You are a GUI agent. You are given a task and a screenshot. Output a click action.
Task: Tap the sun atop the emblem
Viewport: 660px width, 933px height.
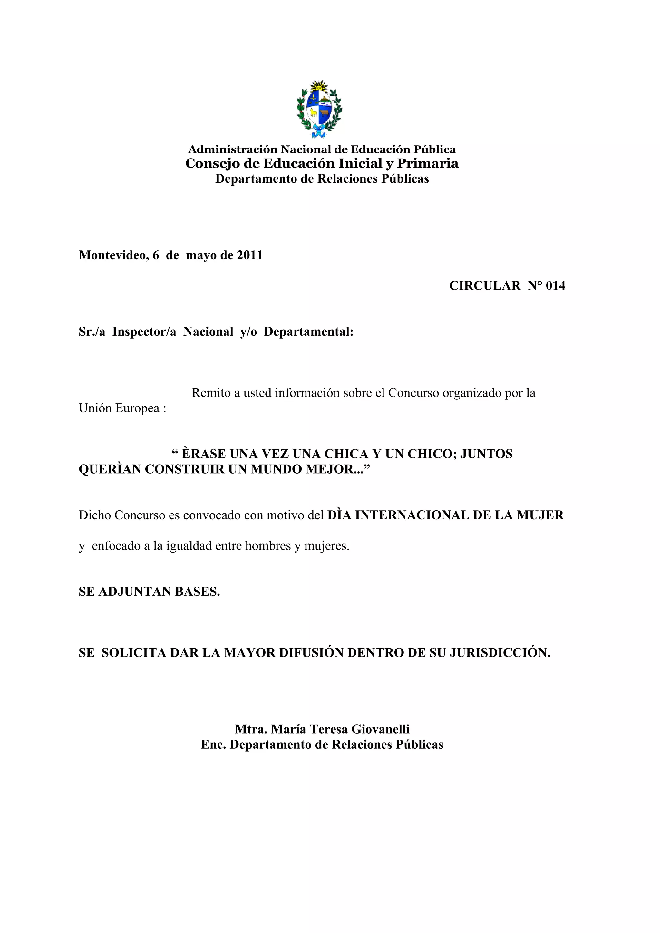[x=319, y=86]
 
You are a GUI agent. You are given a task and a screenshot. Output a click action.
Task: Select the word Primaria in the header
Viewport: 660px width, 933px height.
[x=428, y=163]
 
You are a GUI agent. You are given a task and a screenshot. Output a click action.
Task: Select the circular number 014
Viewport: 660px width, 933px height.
[x=555, y=286]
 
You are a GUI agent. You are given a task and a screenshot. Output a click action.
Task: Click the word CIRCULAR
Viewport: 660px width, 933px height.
[x=484, y=286]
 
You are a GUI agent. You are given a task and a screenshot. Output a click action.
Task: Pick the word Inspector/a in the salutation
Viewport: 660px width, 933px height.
[x=144, y=332]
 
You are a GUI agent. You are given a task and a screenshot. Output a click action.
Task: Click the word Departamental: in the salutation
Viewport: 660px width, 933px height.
[x=308, y=332]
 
